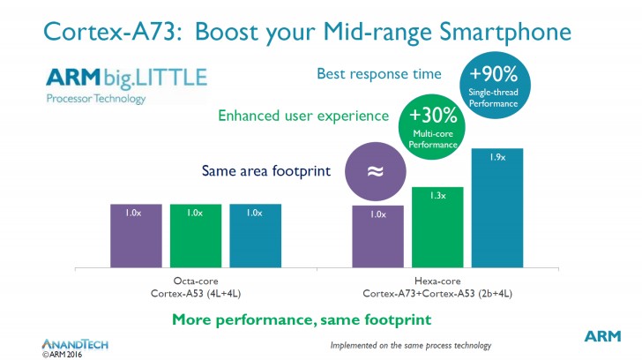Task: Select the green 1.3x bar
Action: click(x=437, y=227)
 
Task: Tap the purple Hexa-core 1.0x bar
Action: click(x=377, y=236)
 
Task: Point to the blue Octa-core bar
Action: click(x=256, y=236)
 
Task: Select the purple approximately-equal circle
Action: click(x=375, y=172)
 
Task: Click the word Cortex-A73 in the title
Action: click(x=95, y=34)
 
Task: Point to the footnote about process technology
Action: click(x=410, y=344)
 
